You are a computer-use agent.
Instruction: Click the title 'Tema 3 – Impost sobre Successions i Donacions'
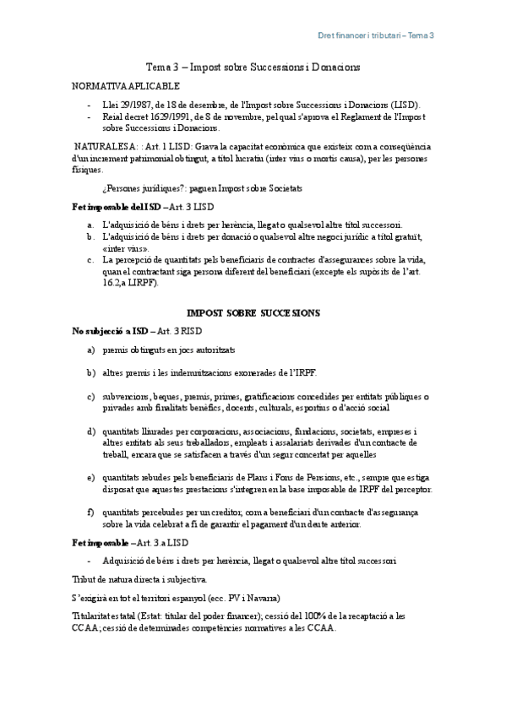click(253, 67)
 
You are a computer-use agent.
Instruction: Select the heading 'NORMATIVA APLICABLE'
click(125, 87)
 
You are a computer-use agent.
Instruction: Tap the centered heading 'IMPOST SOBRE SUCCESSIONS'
click(253, 312)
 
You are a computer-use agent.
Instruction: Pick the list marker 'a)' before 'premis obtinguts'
click(91, 349)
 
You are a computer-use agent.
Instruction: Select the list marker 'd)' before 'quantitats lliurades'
click(91, 431)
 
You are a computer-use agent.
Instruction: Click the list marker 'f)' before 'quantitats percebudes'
click(91, 512)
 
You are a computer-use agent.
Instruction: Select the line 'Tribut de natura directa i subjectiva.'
click(139, 579)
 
